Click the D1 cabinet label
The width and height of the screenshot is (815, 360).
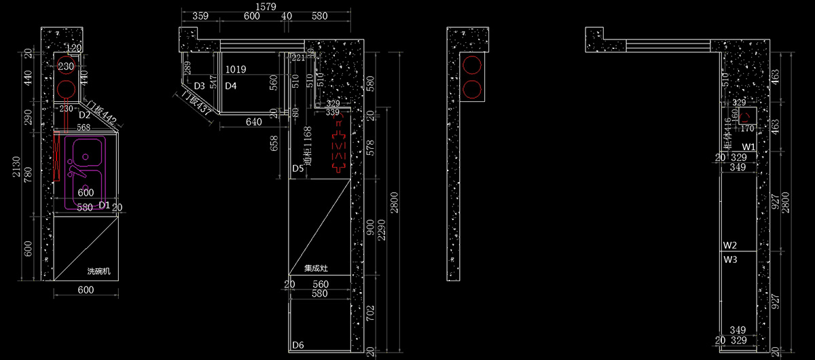[x=104, y=204]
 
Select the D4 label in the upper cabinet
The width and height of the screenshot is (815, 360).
[x=231, y=86]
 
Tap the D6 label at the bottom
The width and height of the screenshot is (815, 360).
[x=297, y=346]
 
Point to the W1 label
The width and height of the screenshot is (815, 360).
[x=748, y=147]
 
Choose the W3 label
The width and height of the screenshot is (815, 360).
[x=730, y=259]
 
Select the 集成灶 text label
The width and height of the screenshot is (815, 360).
[x=316, y=268]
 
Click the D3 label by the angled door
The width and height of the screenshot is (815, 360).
[x=199, y=86]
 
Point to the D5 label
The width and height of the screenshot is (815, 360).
[x=297, y=168]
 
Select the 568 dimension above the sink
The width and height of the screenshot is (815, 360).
[x=84, y=127]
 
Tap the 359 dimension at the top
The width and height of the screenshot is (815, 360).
[x=200, y=16]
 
